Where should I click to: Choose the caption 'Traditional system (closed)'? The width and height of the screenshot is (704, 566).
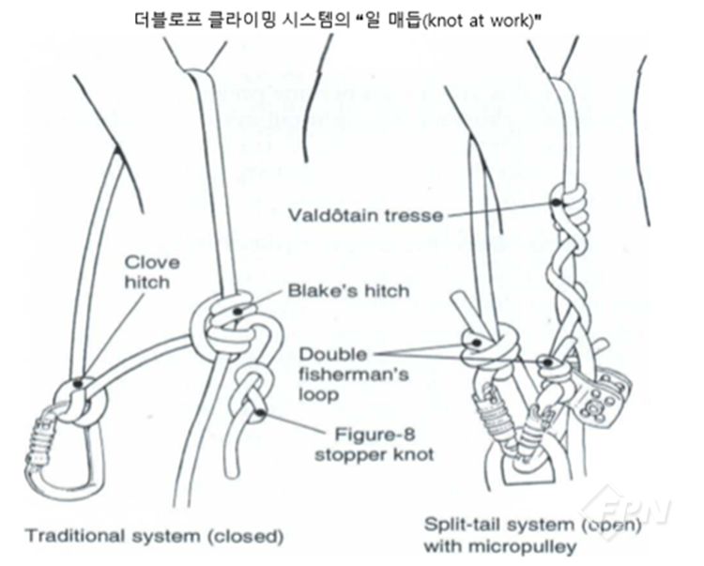pyautogui.click(x=154, y=537)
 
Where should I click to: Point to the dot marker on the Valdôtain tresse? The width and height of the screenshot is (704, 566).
pyautogui.click(x=557, y=201)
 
